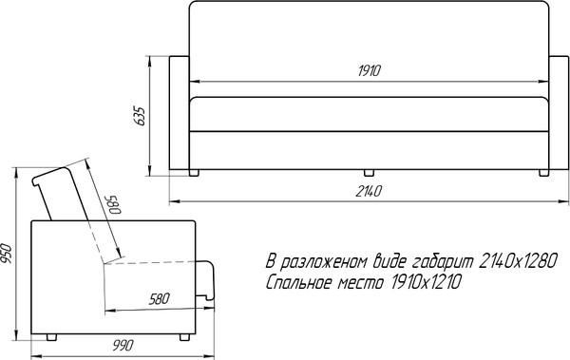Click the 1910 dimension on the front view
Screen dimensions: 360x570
pyautogui.click(x=370, y=71)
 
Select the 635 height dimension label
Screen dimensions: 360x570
pyautogui.click(x=141, y=116)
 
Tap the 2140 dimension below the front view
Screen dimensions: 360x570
pyautogui.click(x=370, y=193)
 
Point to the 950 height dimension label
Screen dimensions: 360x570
pyautogui.click(x=8, y=255)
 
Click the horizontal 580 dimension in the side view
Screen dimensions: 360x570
pyautogui.click(x=160, y=299)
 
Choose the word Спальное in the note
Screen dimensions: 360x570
pyautogui.click(x=299, y=283)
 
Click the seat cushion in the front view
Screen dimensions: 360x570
pyautogui.click(x=370, y=116)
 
